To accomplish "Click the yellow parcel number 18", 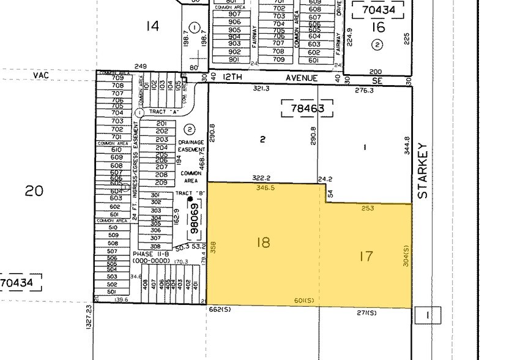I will (264, 242).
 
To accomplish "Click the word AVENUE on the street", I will (303, 78).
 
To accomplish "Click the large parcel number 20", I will (34, 191).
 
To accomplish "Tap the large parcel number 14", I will (152, 26).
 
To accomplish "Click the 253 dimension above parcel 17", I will (368, 208).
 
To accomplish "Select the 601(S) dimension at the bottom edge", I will (304, 300).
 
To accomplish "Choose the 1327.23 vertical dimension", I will (89, 317).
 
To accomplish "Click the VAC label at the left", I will (40, 74).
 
